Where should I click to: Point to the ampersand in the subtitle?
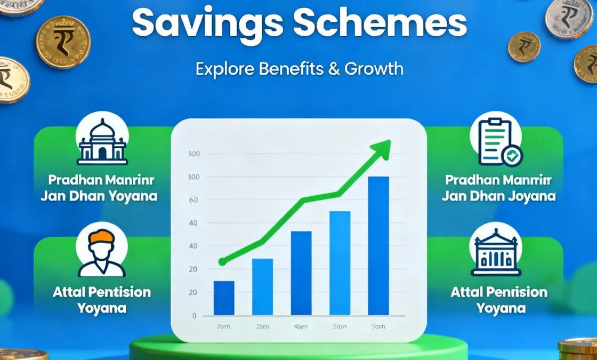(334, 69)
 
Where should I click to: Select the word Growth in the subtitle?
(374, 69)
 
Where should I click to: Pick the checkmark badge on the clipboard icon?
(512, 156)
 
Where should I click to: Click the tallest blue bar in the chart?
(378, 245)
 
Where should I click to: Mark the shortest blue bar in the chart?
(224, 298)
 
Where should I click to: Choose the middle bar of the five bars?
(301, 273)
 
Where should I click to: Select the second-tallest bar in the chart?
(340, 263)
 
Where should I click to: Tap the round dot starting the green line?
(222, 262)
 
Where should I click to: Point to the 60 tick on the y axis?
(193, 200)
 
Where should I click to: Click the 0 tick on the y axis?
(195, 315)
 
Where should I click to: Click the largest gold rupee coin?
(63, 42)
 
